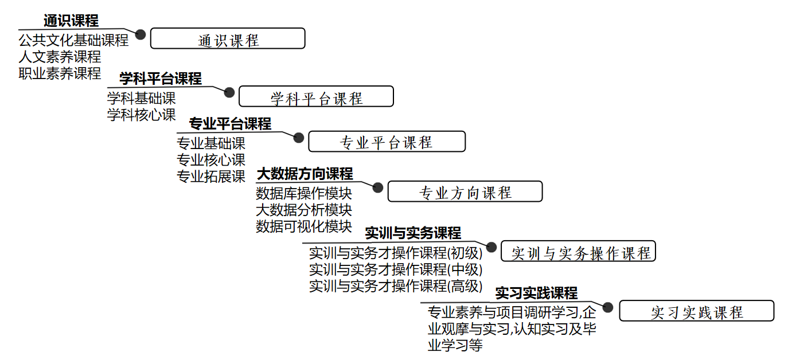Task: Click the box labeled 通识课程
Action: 228,38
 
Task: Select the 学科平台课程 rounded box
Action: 316,96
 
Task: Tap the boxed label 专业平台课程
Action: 387,142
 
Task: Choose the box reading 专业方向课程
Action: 465,191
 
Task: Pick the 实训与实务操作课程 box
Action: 578,251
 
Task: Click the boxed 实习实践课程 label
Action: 697,311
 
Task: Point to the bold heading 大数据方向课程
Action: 305,174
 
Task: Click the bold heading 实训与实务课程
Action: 413,233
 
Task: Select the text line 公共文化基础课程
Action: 73,41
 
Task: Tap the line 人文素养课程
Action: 60,57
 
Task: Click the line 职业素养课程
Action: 60,73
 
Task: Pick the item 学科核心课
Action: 142,115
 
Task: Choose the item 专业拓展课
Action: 211,177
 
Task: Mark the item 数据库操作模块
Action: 304,193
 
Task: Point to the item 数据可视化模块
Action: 304,226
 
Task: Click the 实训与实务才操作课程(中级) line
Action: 396,269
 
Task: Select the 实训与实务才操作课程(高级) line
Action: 396,286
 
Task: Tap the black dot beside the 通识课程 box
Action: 141,34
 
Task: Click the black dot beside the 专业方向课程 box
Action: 378,187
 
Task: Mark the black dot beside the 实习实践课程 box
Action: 608,307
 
